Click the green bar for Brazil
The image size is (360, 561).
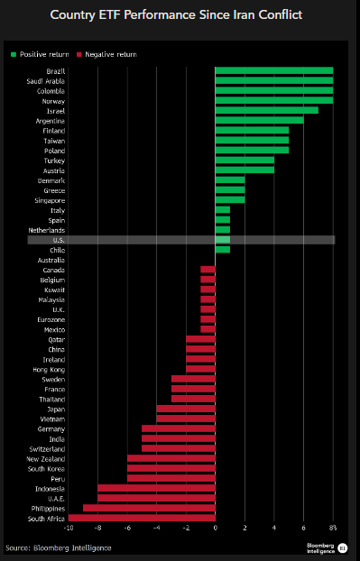click(273, 70)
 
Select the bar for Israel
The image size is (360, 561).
click(266, 110)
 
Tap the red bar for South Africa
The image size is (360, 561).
click(141, 518)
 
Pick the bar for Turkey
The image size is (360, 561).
click(245, 160)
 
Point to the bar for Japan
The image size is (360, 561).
click(186, 409)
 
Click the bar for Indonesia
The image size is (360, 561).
click(156, 488)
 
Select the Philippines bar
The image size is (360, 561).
click(149, 508)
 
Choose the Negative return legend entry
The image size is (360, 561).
click(109, 55)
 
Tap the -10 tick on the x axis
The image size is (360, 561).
click(69, 529)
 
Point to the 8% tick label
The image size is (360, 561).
click(332, 529)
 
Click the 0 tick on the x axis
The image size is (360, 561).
click(215, 529)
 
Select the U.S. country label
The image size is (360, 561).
click(58, 240)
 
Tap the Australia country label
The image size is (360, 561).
click(51, 260)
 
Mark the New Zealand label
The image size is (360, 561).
click(46, 458)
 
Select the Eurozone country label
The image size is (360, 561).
click(51, 319)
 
